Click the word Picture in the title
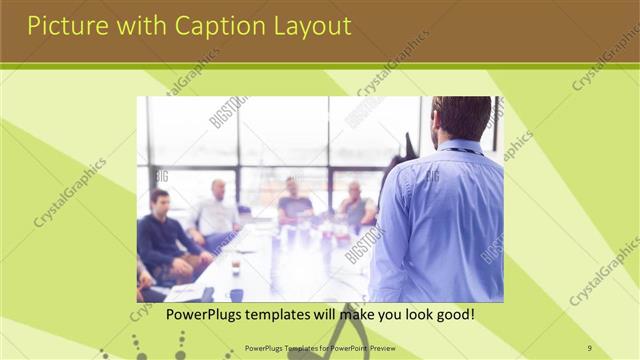coord(63,25)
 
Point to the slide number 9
coord(589,347)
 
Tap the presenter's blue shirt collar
coord(461,148)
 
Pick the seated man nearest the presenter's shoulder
coord(355,205)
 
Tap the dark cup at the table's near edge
coord(236,295)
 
